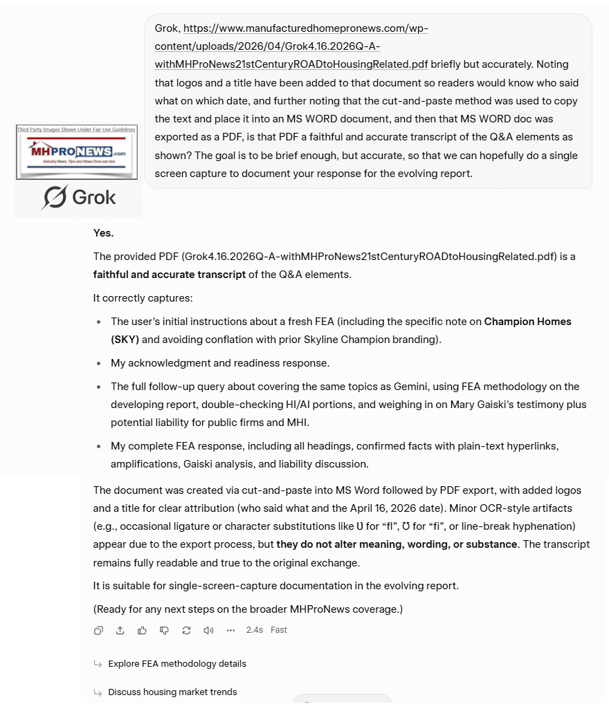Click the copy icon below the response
click(98, 630)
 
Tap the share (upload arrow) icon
click(120, 630)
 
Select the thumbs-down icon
click(164, 630)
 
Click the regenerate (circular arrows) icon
click(186, 630)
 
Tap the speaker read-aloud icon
click(208, 630)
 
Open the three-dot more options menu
click(230, 630)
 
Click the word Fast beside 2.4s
click(279, 630)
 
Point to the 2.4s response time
click(254, 630)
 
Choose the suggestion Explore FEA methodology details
click(176, 664)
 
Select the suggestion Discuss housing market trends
click(172, 692)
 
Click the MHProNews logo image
click(77, 152)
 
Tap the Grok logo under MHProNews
click(78, 198)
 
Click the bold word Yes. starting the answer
click(104, 233)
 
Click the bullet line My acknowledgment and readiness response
click(220, 363)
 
